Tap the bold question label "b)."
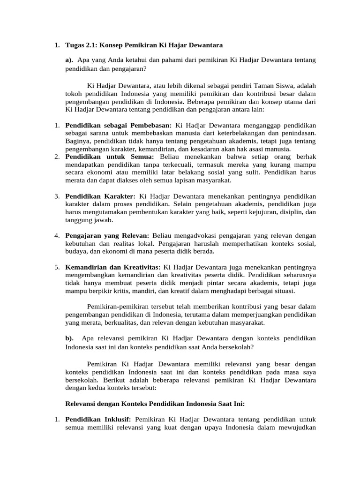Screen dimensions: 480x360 [x=69, y=338]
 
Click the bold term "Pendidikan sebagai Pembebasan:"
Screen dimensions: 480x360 [x=119, y=125]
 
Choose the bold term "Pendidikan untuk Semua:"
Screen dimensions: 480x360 [x=107, y=156]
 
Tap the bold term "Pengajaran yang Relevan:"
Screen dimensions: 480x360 [x=107, y=235]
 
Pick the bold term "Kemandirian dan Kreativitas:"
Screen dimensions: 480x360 [x=112, y=267]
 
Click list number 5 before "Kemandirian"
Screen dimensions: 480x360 [x=56, y=267]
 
